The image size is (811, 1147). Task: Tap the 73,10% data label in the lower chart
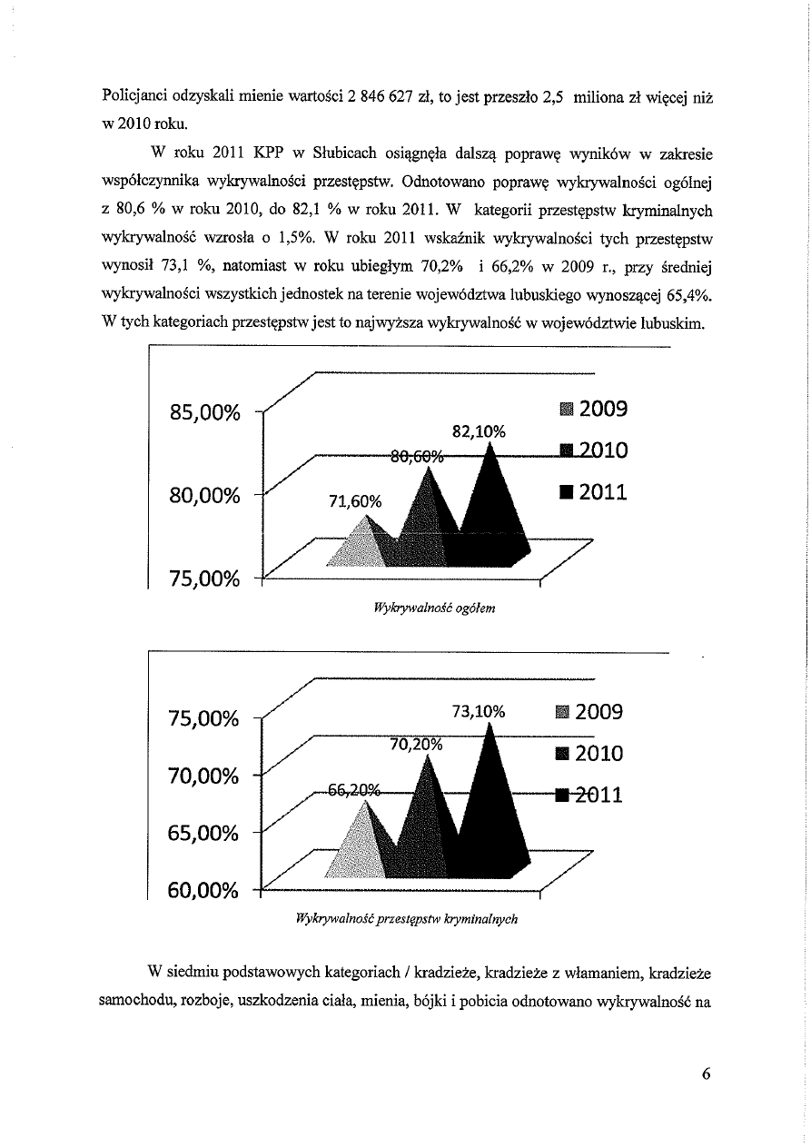[x=478, y=712]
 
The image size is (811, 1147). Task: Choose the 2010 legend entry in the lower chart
[x=591, y=753]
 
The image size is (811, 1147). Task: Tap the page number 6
[x=706, y=1073]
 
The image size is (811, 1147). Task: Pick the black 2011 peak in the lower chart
[x=491, y=799]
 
